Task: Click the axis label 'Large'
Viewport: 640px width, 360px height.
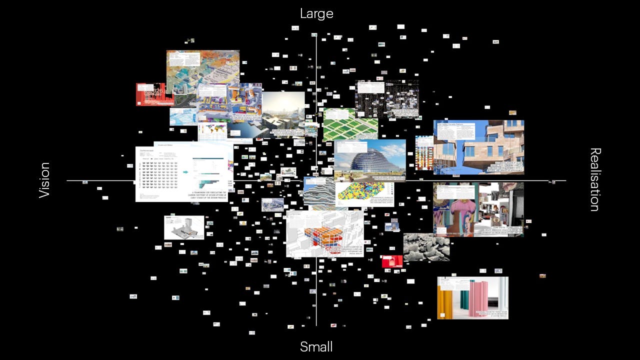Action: click(316, 13)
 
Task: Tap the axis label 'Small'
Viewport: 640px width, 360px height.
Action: click(316, 346)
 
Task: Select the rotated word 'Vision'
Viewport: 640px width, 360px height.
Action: click(44, 180)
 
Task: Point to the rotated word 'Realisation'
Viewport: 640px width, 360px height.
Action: click(595, 179)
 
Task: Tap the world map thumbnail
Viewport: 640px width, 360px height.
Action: click(212, 132)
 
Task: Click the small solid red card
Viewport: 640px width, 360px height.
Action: click(392, 261)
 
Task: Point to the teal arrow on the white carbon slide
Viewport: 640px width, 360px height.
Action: click(185, 172)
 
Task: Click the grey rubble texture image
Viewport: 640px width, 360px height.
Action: click(426, 246)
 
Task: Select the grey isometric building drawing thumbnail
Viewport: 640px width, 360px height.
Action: click(183, 228)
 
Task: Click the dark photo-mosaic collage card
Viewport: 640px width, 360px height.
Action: click(386, 98)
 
